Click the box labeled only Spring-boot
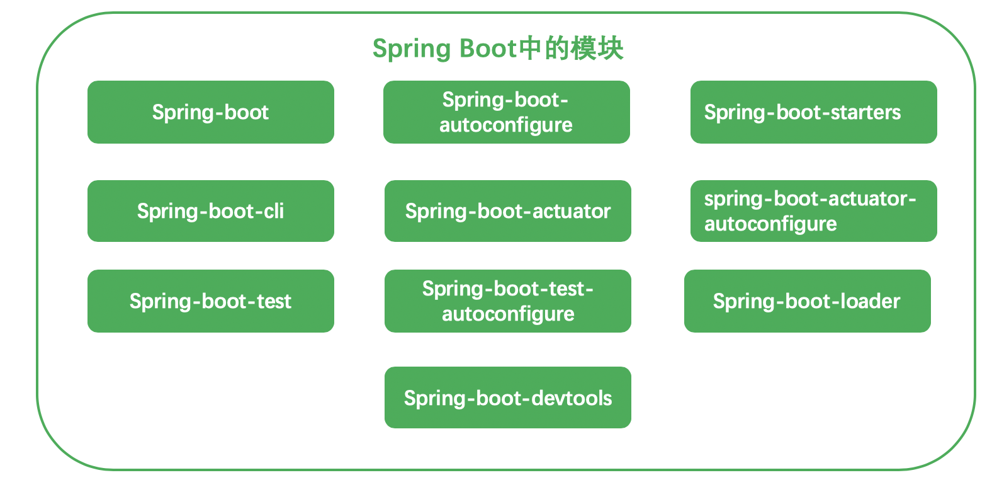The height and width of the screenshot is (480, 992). [211, 112]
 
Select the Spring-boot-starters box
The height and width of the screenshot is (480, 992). [813, 112]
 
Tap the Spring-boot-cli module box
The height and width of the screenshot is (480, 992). [211, 211]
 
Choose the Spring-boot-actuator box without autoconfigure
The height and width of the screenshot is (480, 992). [507, 211]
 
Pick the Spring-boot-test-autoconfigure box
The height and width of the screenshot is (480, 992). [507, 301]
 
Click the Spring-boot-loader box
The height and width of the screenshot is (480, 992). [808, 301]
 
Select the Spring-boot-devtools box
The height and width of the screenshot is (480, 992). [507, 397]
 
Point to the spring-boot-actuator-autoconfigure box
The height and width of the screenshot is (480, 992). [813, 211]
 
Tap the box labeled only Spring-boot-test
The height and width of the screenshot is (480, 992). [211, 301]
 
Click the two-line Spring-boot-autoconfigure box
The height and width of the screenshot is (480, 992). [507, 112]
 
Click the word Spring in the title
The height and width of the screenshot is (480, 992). [412, 49]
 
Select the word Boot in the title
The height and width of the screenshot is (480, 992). [488, 48]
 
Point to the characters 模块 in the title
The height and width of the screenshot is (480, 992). [597, 48]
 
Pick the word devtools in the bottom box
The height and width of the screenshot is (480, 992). [572, 398]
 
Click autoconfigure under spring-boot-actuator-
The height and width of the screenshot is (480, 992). [770, 224]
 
